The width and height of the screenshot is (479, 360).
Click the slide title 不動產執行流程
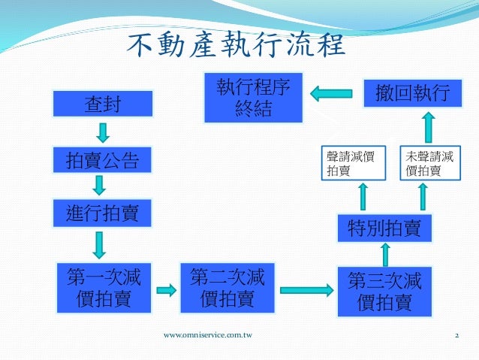point(235,47)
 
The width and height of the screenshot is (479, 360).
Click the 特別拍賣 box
point(384,227)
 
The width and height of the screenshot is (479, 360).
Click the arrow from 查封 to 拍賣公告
point(104,132)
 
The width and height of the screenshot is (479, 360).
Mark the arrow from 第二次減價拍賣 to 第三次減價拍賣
point(306,289)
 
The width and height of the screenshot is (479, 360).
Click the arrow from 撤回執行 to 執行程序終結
point(333,93)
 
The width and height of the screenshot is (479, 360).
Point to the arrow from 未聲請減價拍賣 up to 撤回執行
point(426,128)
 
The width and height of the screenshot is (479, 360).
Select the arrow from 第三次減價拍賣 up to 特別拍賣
point(384,255)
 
